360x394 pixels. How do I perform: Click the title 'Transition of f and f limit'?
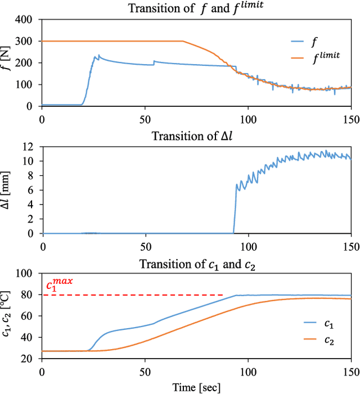pos(196,7)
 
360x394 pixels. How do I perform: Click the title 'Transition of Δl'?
pos(196,135)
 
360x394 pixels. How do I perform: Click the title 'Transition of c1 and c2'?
pos(196,264)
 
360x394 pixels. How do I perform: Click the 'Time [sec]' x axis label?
pos(196,387)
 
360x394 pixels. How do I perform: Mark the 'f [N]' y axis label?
pos(7,62)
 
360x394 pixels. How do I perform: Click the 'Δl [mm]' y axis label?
pos(7,190)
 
